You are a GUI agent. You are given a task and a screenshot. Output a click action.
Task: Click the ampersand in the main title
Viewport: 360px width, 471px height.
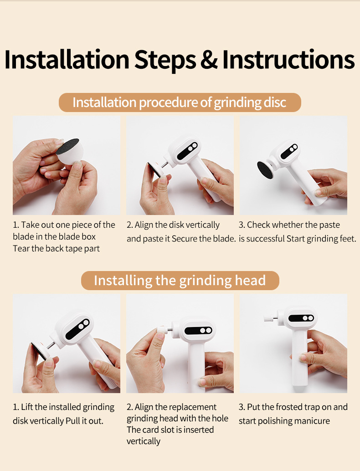(209, 60)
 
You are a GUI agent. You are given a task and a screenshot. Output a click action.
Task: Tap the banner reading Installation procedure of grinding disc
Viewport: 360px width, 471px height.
(180, 102)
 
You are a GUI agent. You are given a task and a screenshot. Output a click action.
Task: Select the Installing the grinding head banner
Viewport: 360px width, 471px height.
(180, 281)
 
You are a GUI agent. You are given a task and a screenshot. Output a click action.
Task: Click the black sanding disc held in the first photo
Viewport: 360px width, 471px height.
(67, 147)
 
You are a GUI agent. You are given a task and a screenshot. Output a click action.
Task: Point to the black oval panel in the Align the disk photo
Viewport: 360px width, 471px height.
(187, 150)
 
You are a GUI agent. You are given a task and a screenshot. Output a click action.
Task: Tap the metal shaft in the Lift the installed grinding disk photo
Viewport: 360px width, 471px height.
(51, 345)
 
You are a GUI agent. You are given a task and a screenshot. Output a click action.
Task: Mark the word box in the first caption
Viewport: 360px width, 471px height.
(89, 237)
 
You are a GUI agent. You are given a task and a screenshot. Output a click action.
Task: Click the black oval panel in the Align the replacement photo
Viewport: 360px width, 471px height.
(198, 331)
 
